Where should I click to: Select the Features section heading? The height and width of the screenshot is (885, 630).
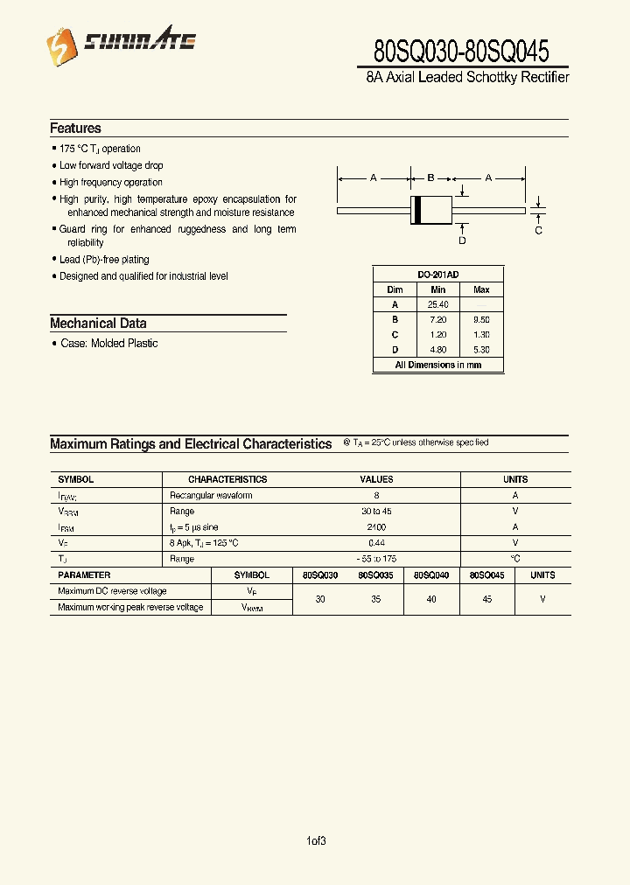[x=75, y=129]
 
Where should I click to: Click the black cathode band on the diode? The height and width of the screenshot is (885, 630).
[x=418, y=210]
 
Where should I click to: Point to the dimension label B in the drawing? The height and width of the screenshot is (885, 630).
[x=430, y=178]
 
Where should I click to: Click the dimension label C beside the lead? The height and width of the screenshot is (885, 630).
[x=538, y=230]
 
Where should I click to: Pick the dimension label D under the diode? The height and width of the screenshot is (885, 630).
[x=462, y=240]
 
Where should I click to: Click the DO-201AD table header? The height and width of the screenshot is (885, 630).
[x=437, y=274]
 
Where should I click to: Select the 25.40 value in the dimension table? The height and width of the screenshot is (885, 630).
[x=437, y=304]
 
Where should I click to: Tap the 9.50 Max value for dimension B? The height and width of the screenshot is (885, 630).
[x=481, y=319]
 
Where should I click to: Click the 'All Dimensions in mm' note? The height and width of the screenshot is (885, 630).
[x=437, y=365]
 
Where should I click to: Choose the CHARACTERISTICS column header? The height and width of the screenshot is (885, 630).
[x=227, y=479]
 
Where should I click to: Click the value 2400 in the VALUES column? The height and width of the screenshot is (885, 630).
[x=376, y=527]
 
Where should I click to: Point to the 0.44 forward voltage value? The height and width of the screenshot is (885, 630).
[x=376, y=543]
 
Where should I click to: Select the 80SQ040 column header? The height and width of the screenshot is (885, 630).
[x=430, y=575]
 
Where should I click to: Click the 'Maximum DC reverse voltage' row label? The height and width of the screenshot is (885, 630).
[x=112, y=591]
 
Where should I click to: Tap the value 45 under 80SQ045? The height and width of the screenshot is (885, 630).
[x=486, y=599]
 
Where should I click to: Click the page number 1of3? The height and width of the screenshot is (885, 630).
[x=316, y=841]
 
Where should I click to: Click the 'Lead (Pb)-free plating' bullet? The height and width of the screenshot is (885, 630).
[x=104, y=260]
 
